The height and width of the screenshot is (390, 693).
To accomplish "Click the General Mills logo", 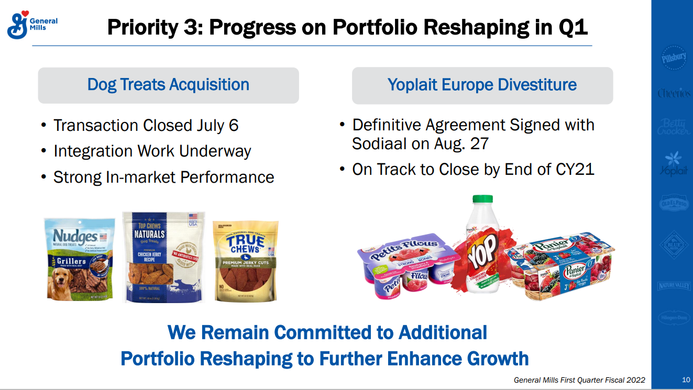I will pyautogui.click(x=31, y=24).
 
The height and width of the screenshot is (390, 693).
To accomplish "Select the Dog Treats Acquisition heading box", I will pyautogui.click(x=168, y=85).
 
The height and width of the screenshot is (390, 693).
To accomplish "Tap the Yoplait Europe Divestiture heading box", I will pyautogui.click(x=482, y=85).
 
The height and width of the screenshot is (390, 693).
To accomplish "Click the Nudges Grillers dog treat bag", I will pyautogui.click(x=80, y=259).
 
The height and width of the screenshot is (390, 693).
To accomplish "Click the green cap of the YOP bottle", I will pyautogui.click(x=482, y=199).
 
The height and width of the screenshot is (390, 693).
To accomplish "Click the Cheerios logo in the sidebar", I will pyautogui.click(x=674, y=93).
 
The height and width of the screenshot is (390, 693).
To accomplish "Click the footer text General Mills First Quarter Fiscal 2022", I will pyautogui.click(x=579, y=380).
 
